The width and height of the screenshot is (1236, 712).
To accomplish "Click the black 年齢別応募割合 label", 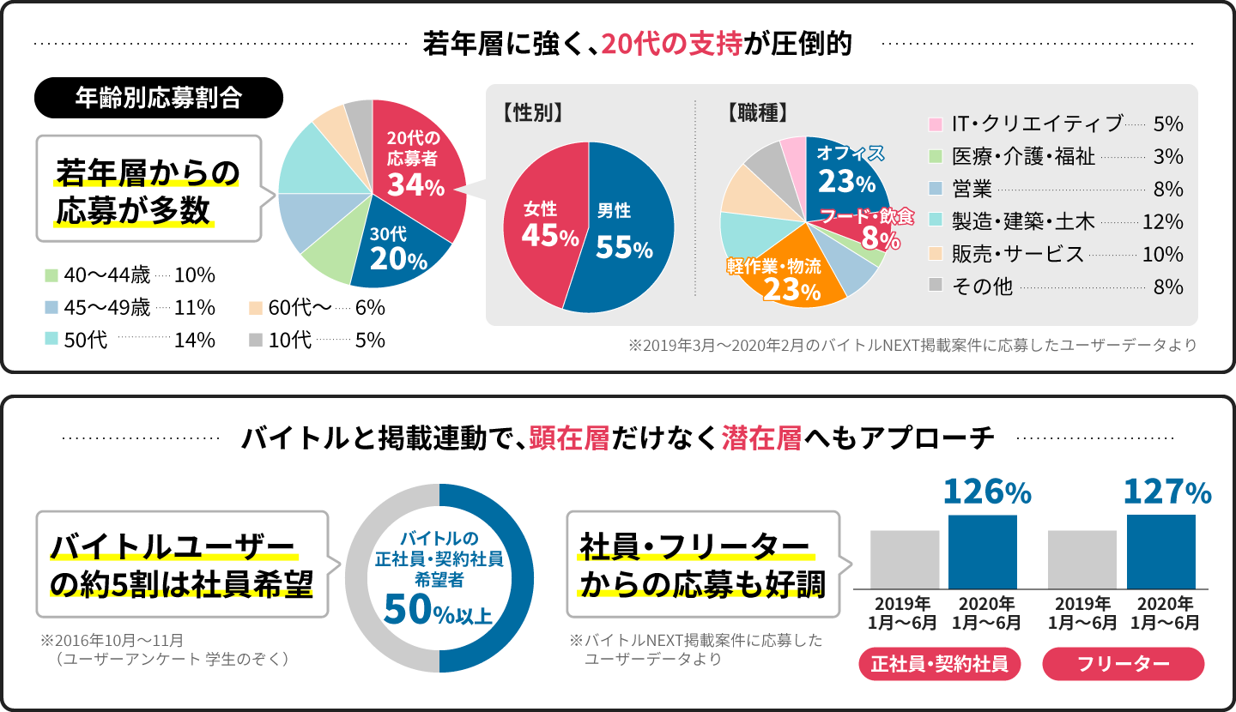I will [158, 98].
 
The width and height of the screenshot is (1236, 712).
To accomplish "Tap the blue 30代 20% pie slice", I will [399, 249].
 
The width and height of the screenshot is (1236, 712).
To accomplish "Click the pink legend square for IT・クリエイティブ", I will [936, 124].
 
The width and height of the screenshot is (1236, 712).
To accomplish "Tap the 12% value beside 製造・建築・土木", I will [1163, 222].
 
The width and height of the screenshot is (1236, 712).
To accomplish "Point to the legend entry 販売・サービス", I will [1018, 255].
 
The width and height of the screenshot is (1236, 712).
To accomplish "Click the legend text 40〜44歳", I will [107, 276].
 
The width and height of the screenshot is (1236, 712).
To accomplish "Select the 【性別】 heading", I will [533, 112].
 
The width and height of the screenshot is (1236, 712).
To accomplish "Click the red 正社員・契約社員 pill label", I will [939, 663].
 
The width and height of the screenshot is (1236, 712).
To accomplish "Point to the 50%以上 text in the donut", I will [438, 611].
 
